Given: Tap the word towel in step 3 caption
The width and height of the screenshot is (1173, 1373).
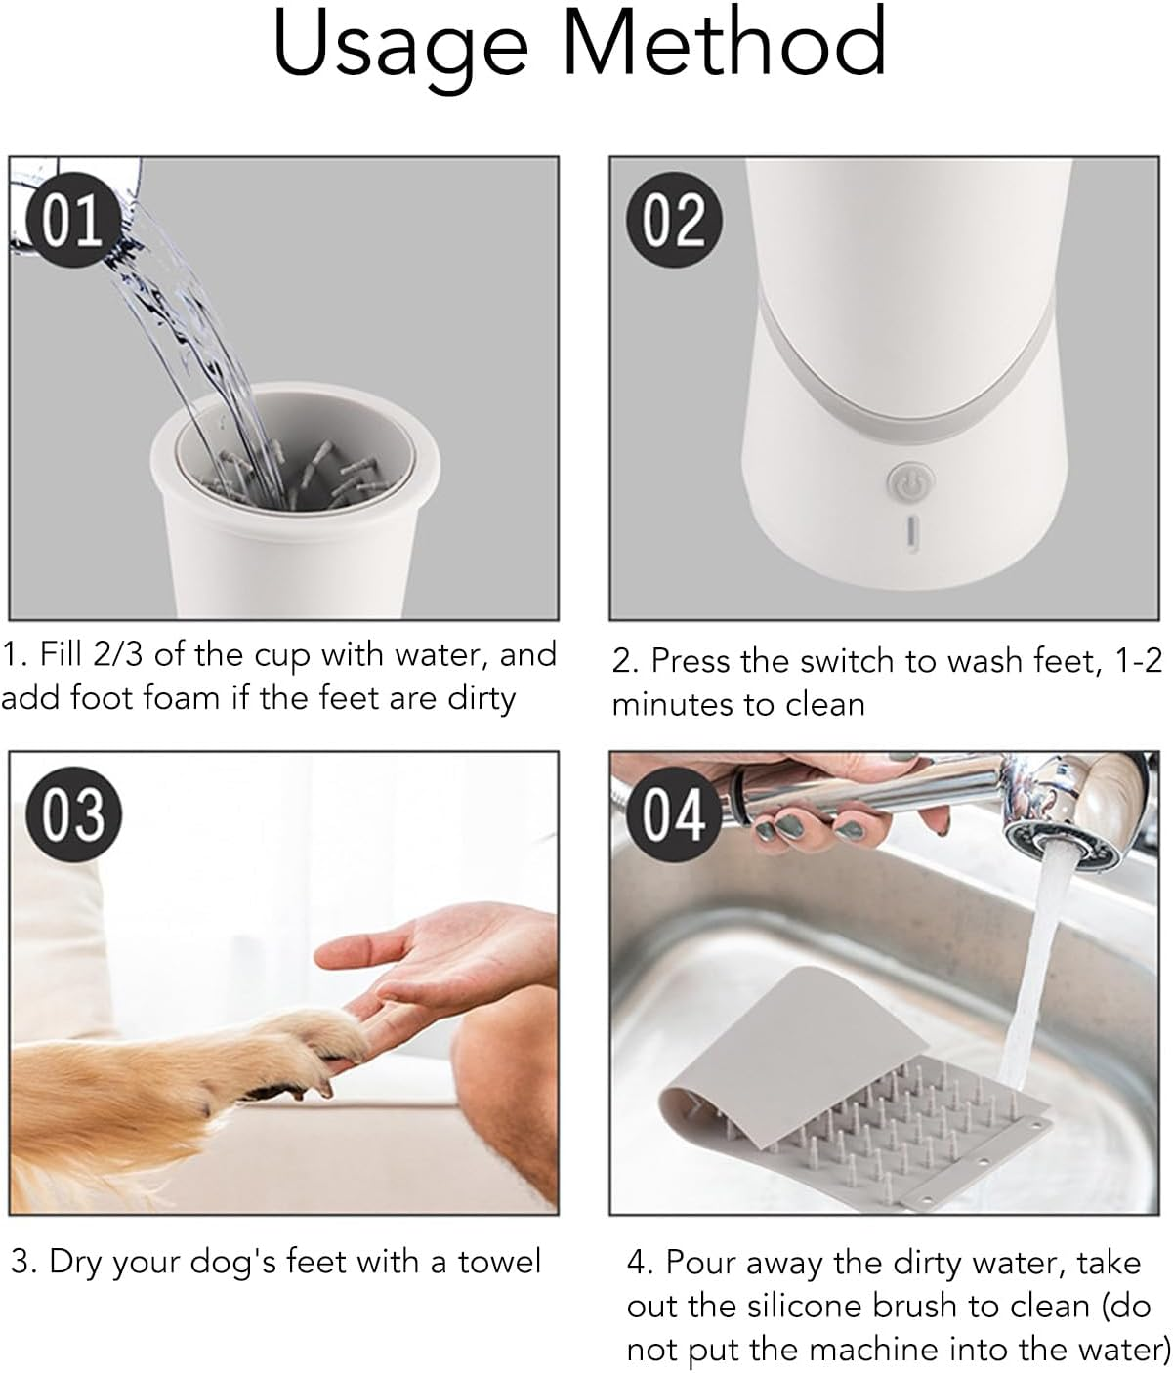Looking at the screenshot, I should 492,1262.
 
